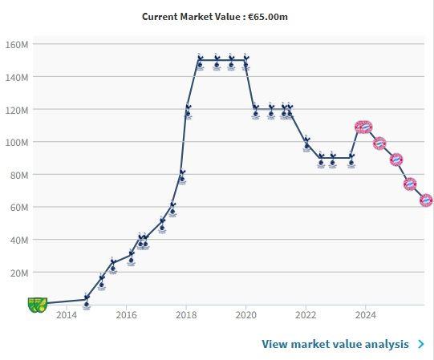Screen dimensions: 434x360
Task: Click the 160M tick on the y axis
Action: coord(17,44)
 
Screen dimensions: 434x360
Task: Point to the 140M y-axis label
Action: coord(17,77)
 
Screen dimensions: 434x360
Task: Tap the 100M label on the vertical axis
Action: coord(17,143)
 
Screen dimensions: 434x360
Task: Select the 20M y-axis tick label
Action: coord(19,273)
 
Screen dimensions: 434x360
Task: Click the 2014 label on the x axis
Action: coord(67,315)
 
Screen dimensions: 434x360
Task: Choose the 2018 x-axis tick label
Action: coord(186,315)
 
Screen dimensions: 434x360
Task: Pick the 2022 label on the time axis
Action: coord(306,315)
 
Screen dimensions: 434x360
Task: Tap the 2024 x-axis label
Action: coord(365,315)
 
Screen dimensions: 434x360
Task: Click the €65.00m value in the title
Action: coord(268,17)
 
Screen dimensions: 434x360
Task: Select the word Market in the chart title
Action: coord(197,17)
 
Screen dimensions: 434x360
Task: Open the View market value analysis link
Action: coord(335,344)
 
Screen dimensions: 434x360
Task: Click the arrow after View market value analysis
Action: coord(421,344)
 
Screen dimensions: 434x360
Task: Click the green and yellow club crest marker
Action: coord(38,305)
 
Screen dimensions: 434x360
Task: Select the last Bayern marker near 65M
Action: coord(426,200)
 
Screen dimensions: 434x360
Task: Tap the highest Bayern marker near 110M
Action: coord(363,127)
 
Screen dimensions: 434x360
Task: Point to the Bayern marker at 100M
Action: coord(379,144)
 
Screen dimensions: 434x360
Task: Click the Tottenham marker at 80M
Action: coord(182,176)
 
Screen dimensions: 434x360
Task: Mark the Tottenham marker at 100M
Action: coord(306,144)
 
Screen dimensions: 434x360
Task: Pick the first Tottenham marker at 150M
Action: coord(200,62)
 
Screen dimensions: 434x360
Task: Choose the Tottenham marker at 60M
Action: coord(172,208)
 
